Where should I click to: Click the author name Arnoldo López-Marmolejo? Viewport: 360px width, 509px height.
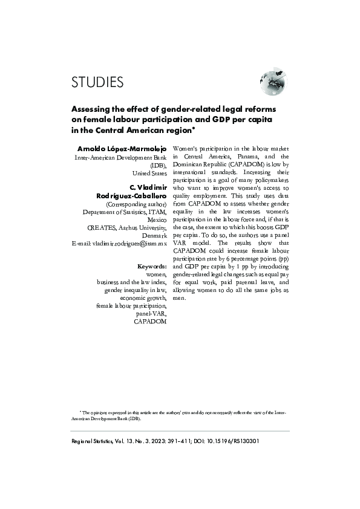tap(123, 148)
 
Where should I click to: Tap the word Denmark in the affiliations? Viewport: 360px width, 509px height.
tap(152, 235)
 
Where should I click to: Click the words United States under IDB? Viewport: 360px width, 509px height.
tap(150, 172)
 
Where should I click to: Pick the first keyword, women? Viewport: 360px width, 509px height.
tap(156, 274)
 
